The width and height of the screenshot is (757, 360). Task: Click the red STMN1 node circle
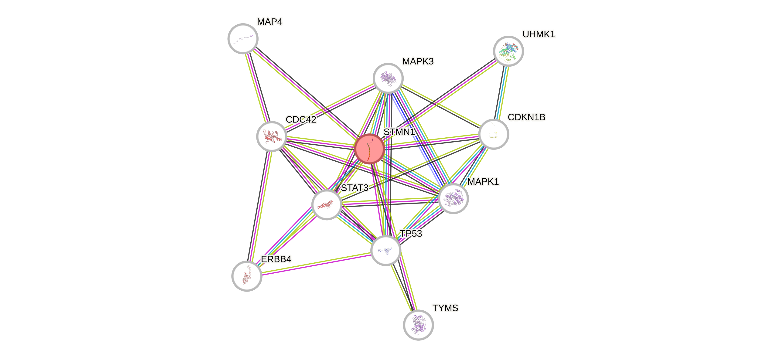pyautogui.click(x=369, y=149)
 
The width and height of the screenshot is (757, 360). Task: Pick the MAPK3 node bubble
pyautogui.click(x=388, y=78)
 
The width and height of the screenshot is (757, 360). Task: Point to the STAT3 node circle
pyautogui.click(x=327, y=204)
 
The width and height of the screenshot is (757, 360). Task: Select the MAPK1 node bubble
pyautogui.click(x=453, y=199)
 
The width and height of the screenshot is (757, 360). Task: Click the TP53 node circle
pyautogui.click(x=385, y=250)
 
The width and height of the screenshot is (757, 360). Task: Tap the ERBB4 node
pyautogui.click(x=247, y=276)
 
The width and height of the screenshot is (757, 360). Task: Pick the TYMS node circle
pyautogui.click(x=418, y=325)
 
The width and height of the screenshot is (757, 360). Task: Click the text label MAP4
pyautogui.click(x=269, y=22)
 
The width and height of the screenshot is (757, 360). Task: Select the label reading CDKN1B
pyautogui.click(x=526, y=117)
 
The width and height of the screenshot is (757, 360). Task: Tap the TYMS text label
pyautogui.click(x=445, y=308)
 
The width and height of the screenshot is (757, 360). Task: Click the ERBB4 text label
pyautogui.click(x=276, y=259)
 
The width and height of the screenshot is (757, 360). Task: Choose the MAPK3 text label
pyautogui.click(x=418, y=61)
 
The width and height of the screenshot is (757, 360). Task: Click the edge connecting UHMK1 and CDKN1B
pyautogui.click(x=501, y=92)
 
